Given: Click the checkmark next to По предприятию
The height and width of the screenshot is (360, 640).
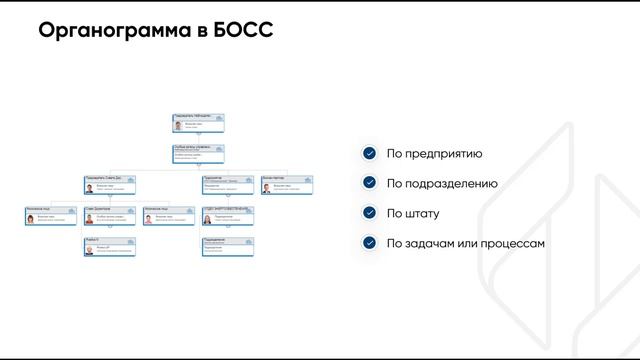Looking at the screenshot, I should tap(370, 153).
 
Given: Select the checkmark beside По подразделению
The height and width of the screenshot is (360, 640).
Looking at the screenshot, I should tap(370, 183).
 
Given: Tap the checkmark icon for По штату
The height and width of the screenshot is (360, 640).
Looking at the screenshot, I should tap(370, 213).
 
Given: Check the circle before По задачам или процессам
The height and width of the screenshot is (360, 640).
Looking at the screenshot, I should tap(370, 243).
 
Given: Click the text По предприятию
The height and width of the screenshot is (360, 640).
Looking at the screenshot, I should tap(435, 153).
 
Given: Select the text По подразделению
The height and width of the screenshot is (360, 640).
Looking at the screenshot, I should tap(442, 183).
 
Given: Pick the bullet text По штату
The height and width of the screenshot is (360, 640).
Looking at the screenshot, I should tap(413, 213).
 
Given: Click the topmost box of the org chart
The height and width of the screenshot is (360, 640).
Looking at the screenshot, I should tap(198, 123).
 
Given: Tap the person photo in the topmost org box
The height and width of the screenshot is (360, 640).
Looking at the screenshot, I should tap(178, 126).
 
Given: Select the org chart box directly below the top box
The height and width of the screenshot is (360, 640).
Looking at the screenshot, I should tap(198, 154).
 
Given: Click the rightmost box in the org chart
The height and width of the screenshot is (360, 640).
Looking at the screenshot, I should tap(287, 184).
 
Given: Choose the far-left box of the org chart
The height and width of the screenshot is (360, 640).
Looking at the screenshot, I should tap(51, 215).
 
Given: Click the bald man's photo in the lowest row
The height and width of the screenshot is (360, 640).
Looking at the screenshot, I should tap(89, 250).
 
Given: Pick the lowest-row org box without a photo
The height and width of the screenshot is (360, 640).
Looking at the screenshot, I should tap(228, 246).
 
